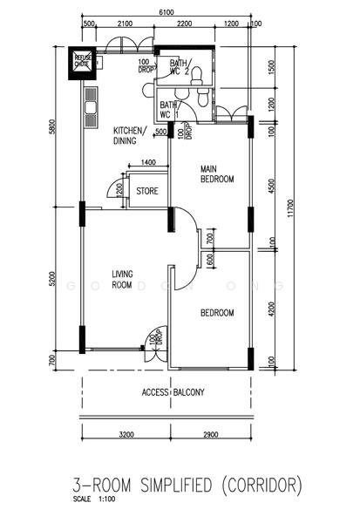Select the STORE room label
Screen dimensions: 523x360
point(146,190)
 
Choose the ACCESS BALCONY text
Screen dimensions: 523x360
point(173,393)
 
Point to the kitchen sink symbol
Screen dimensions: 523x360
point(90,111)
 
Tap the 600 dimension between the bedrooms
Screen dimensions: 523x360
point(210,259)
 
